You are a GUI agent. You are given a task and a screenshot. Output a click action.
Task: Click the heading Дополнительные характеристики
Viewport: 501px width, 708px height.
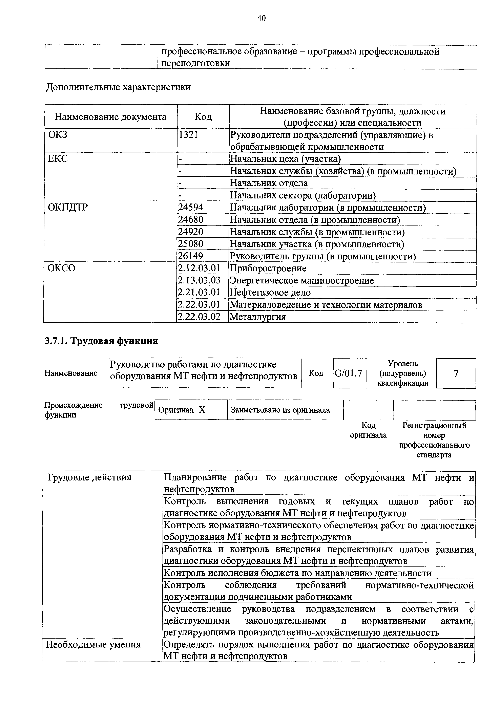coord(118,87)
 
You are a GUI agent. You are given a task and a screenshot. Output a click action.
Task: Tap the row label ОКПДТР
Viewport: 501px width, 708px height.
coord(68,207)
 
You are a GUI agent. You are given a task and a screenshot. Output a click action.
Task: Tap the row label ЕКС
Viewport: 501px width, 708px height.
coord(58,158)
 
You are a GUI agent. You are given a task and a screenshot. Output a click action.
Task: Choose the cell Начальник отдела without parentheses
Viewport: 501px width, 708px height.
coord(269,183)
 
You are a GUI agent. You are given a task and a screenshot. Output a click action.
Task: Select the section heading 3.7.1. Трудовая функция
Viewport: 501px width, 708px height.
coord(102,341)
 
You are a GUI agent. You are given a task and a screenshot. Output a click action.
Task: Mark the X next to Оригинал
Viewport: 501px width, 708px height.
coord(202,410)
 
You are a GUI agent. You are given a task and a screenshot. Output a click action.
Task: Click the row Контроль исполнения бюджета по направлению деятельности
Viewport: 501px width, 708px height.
coord(297,573)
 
